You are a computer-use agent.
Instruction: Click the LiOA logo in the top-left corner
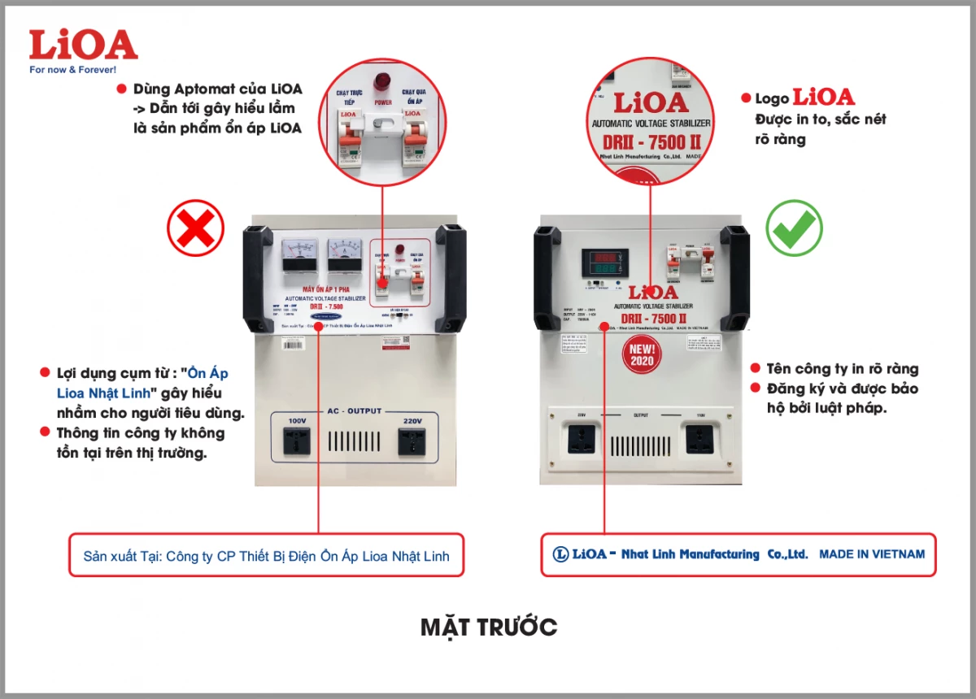pyautogui.click(x=82, y=46)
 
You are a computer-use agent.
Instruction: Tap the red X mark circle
pyautogui.click(x=196, y=228)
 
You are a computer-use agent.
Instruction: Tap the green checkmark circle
pyautogui.click(x=794, y=228)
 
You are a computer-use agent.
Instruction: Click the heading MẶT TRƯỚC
pyautogui.click(x=489, y=627)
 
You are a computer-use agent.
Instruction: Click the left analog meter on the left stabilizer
pyautogui.click(x=301, y=255)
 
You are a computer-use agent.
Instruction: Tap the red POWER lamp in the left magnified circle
pyautogui.click(x=382, y=80)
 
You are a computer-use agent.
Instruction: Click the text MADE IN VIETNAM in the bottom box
pyautogui.click(x=872, y=554)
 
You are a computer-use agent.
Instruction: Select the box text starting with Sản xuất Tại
pyautogui.click(x=266, y=557)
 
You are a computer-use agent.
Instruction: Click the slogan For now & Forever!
pyautogui.click(x=72, y=70)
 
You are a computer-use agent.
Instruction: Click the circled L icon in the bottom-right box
pyautogui.click(x=560, y=554)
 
